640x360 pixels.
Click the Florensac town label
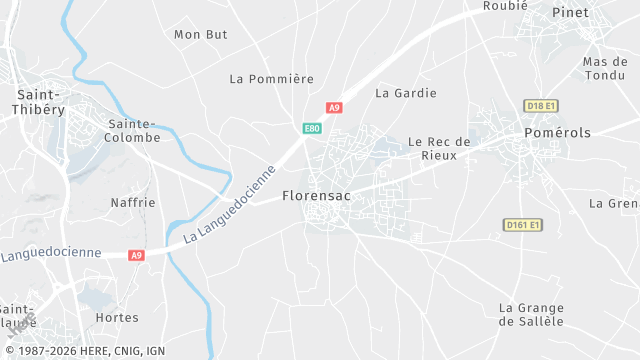click(x=316, y=195)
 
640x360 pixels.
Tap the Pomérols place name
click(x=558, y=132)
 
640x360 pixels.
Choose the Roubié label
click(x=505, y=5)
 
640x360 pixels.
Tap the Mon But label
click(x=201, y=34)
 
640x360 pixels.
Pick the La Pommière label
click(x=272, y=78)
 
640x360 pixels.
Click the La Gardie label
click(x=406, y=93)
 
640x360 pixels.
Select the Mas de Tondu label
click(x=605, y=69)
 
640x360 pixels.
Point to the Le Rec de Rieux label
click(x=439, y=148)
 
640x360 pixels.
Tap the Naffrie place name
click(x=134, y=202)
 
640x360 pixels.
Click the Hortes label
click(x=116, y=317)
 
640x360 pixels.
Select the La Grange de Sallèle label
click(x=531, y=314)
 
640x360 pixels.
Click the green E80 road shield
click(x=312, y=128)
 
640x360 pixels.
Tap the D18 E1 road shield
click(x=540, y=105)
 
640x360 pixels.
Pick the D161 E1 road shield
click(x=522, y=225)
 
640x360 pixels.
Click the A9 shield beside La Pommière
click(x=334, y=107)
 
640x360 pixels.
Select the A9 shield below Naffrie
click(x=137, y=255)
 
